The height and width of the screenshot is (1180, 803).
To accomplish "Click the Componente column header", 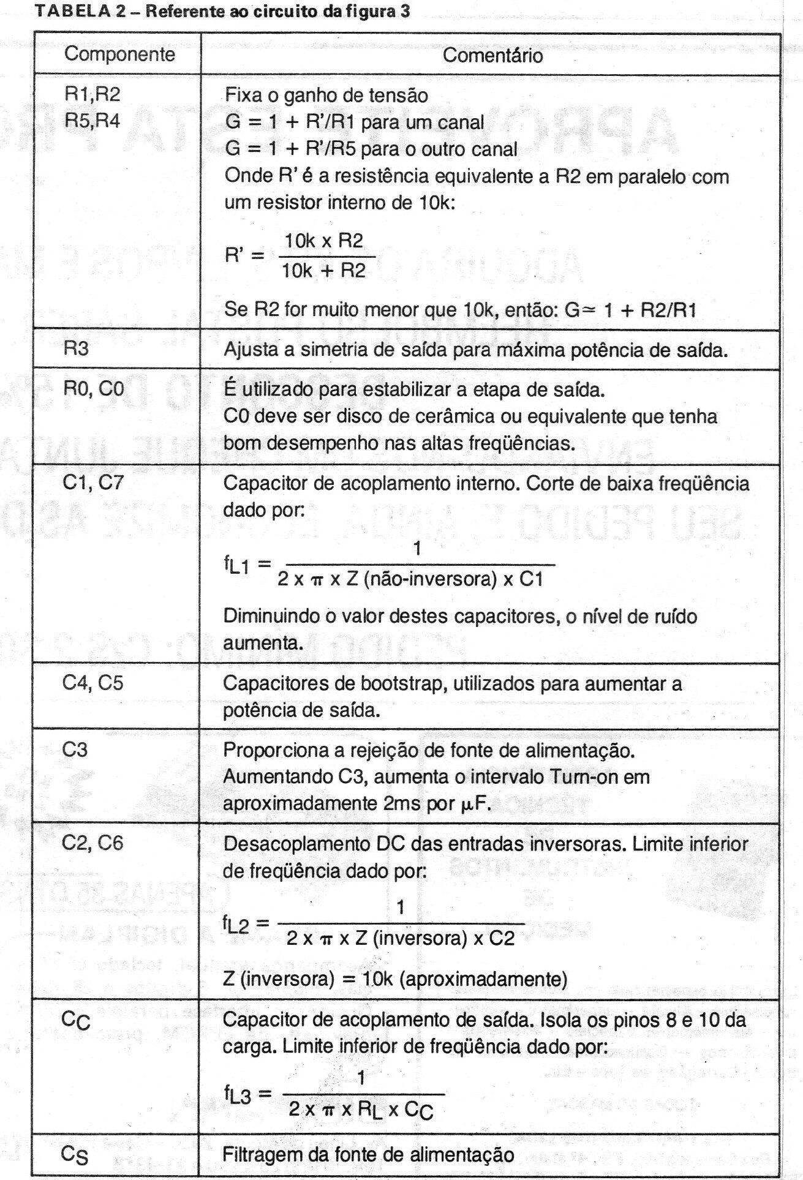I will (119, 54).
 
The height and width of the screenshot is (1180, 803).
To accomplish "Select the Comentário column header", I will (492, 56).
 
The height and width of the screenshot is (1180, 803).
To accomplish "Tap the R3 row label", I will (76, 348).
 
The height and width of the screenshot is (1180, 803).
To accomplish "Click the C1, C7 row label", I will (93, 482).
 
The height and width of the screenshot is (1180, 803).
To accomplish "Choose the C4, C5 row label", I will (92, 682).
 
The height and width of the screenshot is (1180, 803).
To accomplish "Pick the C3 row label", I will (75, 749).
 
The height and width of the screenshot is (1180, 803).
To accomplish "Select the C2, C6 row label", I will (92, 843).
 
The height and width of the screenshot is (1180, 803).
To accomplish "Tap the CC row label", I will (76, 1020).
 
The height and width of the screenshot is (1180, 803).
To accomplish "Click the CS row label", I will (75, 1154).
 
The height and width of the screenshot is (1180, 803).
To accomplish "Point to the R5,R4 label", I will (92, 121).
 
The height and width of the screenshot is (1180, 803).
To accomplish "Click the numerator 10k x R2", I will (324, 241).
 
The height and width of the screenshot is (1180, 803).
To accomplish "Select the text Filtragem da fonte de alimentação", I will (368, 1154).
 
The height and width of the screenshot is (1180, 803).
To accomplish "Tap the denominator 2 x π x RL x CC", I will (361, 1110).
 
